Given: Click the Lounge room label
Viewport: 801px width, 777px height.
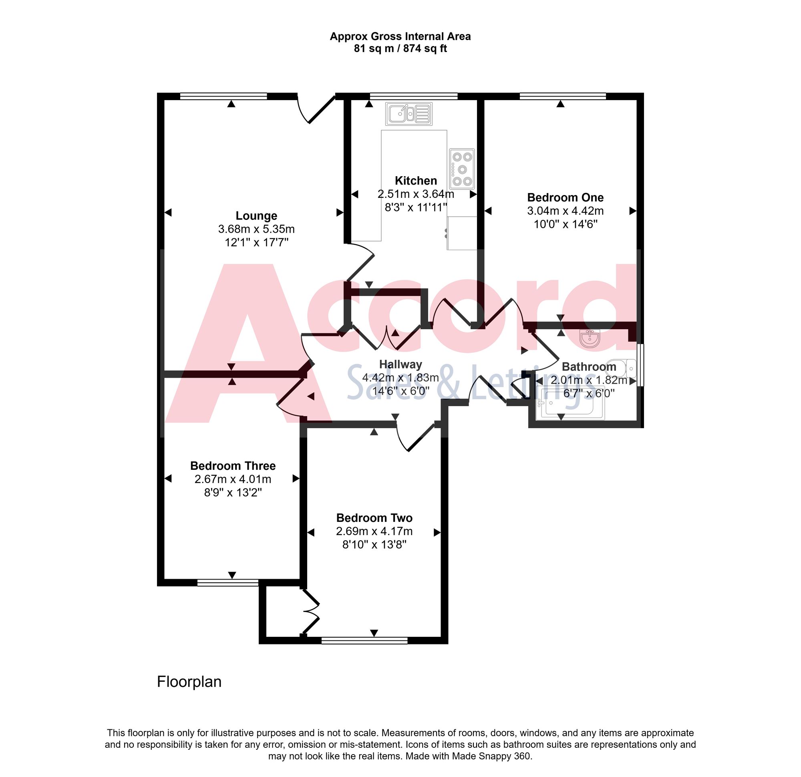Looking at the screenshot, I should pos(256,215).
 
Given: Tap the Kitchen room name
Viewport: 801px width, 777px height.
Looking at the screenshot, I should pos(416,180).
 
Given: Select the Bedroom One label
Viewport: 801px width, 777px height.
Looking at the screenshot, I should pos(565,197).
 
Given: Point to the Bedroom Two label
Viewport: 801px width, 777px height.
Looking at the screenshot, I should pos(374,518).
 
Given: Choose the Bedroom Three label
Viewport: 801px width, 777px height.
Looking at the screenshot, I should pos(233,465).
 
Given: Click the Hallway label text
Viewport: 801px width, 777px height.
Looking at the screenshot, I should pos(400,364).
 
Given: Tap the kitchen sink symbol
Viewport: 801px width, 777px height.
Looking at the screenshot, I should pos(409,114).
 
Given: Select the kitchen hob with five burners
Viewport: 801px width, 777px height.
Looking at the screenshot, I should pos(462,168).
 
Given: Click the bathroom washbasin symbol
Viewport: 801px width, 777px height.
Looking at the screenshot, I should pos(590,339).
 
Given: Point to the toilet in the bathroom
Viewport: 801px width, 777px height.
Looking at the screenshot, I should pos(621,368).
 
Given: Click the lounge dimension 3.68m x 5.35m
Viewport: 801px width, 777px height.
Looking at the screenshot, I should pos(256,229).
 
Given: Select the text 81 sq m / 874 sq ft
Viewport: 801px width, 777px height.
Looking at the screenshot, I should pos(400,48).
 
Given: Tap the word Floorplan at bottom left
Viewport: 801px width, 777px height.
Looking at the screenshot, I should pos(189,681).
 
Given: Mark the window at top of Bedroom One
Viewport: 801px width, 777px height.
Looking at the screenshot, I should pos(562,97).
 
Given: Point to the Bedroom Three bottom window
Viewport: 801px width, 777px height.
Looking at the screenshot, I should pos(227,582).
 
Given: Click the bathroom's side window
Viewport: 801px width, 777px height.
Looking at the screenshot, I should pos(640,364).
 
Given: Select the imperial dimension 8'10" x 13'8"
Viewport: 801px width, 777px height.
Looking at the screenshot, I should pos(374,544).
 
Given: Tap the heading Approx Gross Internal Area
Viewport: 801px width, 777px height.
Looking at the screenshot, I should pos(400,36).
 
